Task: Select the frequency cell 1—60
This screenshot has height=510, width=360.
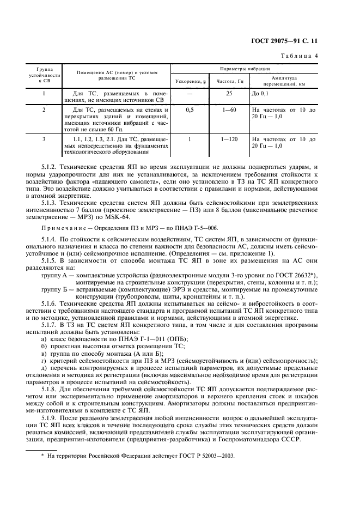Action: (229, 110)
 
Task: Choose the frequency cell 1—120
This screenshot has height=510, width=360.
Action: (229, 139)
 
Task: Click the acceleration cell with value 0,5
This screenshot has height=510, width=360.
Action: (190, 110)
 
